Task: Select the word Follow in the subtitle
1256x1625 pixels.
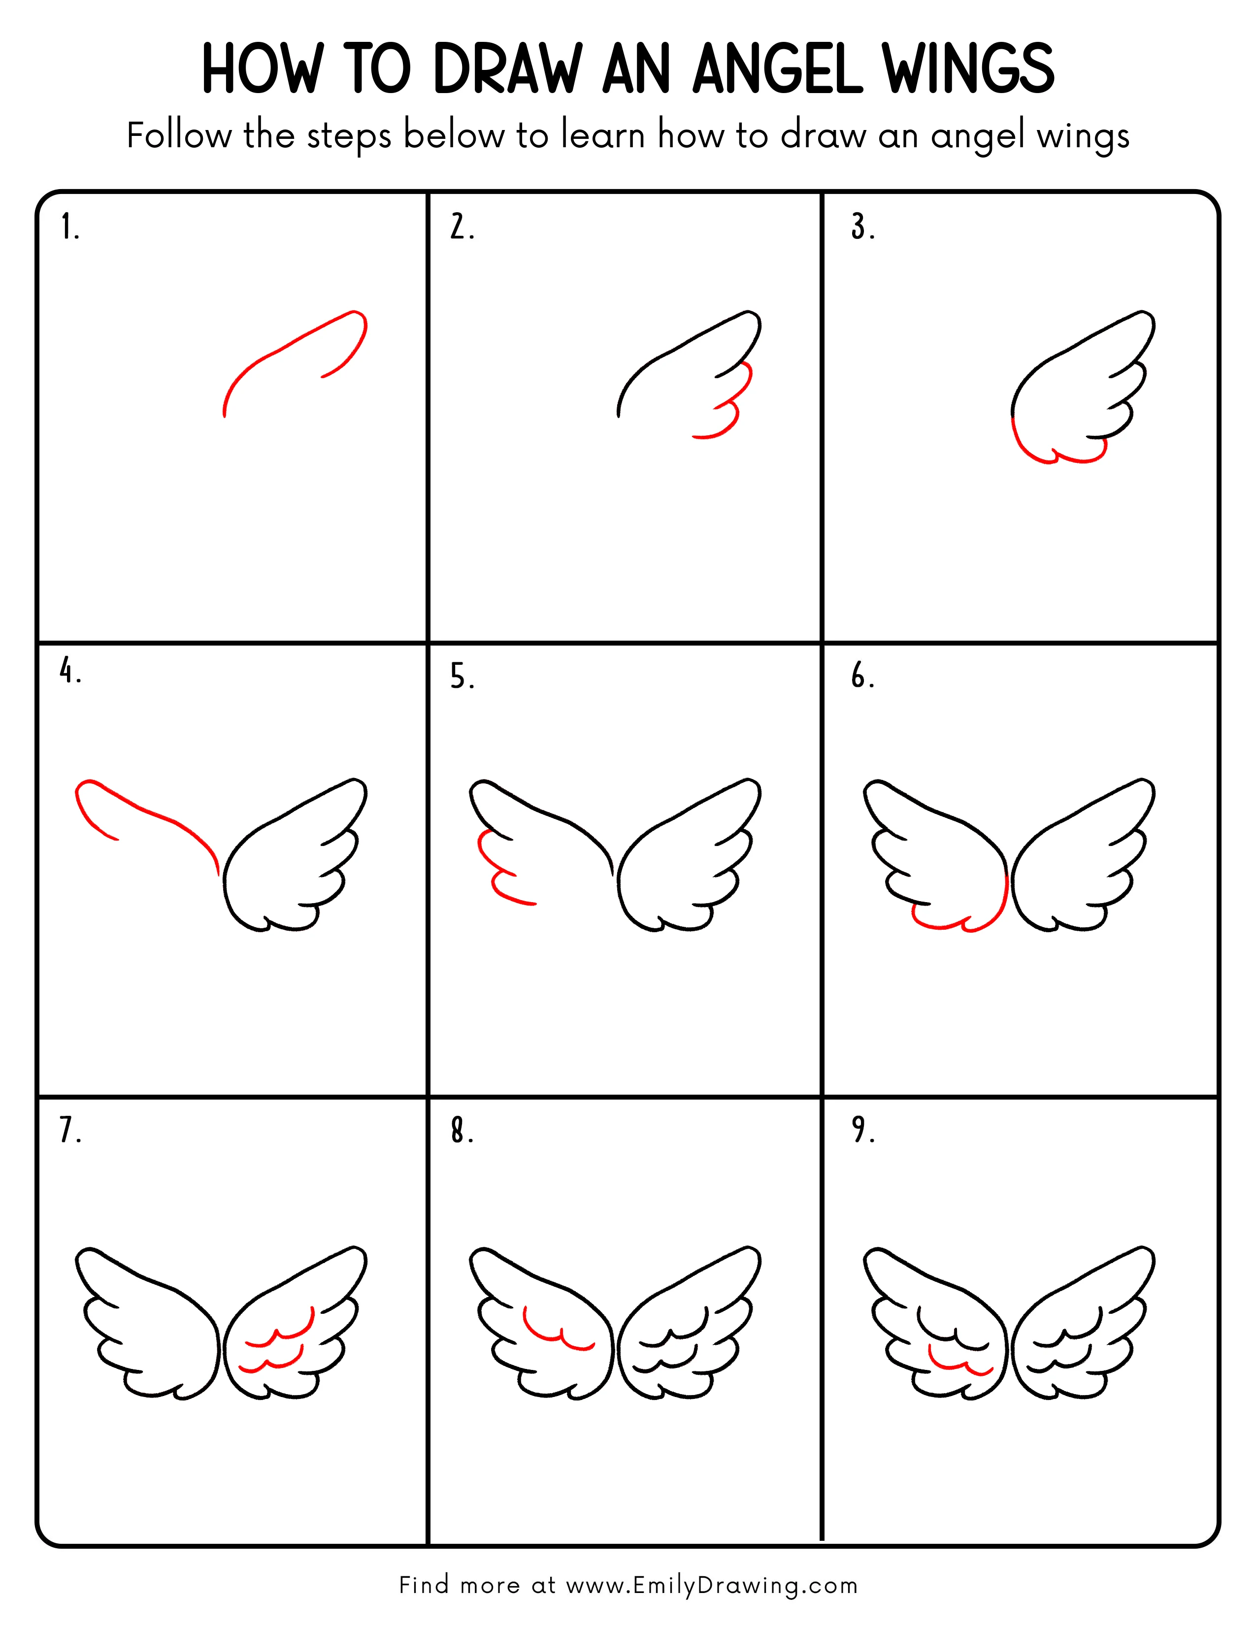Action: (179, 136)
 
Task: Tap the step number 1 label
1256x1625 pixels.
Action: (69, 227)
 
